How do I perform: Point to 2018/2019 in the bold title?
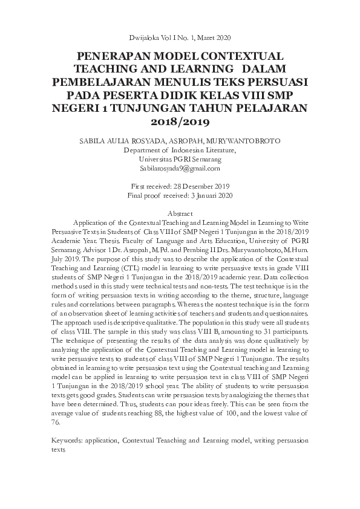(x=180, y=122)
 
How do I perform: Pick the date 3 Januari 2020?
(x=206, y=195)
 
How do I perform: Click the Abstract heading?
(x=180, y=214)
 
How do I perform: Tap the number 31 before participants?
(x=266, y=332)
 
